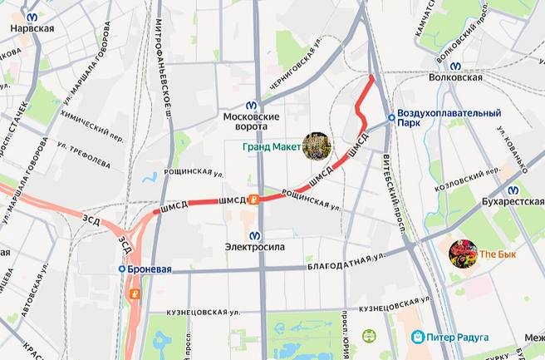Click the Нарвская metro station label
pos(32,28)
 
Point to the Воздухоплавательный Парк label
pos(449,117)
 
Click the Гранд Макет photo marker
pos(317,147)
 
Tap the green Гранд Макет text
pos(272,148)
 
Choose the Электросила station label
pos(254,247)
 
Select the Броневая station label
pos(150,269)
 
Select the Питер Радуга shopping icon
pos(419,337)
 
